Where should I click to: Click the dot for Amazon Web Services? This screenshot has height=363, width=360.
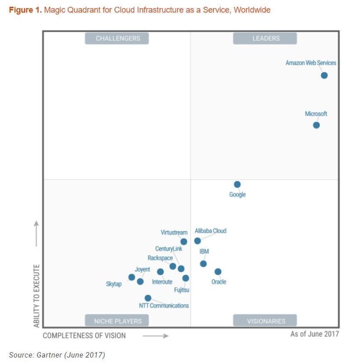tap(324, 76)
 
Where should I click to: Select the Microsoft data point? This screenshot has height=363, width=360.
tap(316, 125)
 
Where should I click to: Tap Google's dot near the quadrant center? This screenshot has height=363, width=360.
tap(237, 185)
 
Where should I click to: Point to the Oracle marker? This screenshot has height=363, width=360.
tap(218, 272)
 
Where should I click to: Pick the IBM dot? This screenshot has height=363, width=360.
tap(203, 263)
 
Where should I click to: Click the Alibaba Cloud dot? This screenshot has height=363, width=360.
tap(198, 241)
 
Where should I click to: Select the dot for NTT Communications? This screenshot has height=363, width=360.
tap(148, 298)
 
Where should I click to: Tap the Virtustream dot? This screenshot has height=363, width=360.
tap(184, 242)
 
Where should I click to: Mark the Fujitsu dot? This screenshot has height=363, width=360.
tap(186, 278)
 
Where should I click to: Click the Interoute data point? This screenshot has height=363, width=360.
tap(160, 272)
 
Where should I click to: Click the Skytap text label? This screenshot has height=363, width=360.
tap(114, 284)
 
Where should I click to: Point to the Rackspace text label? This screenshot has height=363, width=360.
tap(160, 258)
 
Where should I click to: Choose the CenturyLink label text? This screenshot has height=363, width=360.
tap(168, 249)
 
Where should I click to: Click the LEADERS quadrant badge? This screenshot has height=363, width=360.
tap(265, 38)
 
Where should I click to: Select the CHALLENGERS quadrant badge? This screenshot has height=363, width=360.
tap(117, 38)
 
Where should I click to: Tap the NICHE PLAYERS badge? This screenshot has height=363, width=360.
tap(117, 321)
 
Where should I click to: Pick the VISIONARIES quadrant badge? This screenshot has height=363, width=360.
tap(265, 321)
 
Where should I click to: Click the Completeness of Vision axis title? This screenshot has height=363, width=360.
tap(84, 336)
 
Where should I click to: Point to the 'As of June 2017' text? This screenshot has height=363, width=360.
tap(314, 334)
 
